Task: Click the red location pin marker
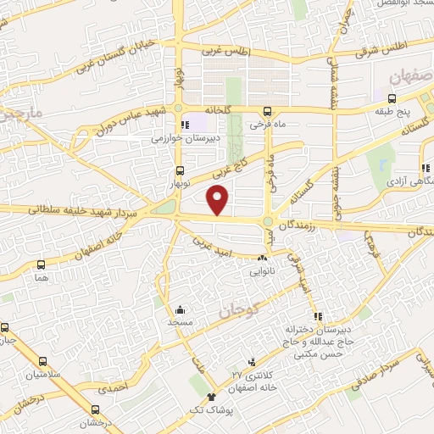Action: (x=219, y=200)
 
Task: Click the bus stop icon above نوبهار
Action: (x=178, y=170)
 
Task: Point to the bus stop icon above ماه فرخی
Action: (x=268, y=111)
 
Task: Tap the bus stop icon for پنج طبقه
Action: (x=380, y=97)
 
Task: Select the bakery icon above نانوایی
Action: (x=262, y=259)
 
